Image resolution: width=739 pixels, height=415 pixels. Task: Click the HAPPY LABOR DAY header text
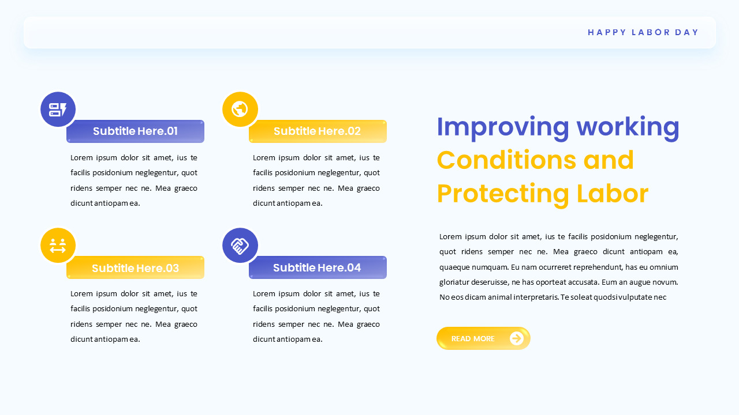[x=643, y=32]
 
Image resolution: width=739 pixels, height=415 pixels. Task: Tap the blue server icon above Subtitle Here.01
[x=58, y=110]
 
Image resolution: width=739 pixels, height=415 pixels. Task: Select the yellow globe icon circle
[x=240, y=109]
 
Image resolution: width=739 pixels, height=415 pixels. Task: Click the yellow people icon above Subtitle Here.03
[x=58, y=246]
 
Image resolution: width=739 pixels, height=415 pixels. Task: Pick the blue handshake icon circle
[x=240, y=246]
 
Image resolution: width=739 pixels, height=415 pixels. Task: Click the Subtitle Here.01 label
[x=135, y=131]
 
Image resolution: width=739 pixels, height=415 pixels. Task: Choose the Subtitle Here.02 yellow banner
[x=317, y=131]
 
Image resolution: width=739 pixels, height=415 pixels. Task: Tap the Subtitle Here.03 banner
[x=135, y=268]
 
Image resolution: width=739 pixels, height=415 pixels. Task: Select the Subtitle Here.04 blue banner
[x=317, y=267]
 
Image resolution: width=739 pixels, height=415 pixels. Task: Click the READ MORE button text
[x=473, y=339]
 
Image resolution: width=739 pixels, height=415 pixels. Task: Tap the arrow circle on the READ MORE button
[x=517, y=338]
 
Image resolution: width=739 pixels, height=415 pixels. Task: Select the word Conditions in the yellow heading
[x=506, y=160]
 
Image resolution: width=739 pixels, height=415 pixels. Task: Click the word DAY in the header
[x=687, y=32]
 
